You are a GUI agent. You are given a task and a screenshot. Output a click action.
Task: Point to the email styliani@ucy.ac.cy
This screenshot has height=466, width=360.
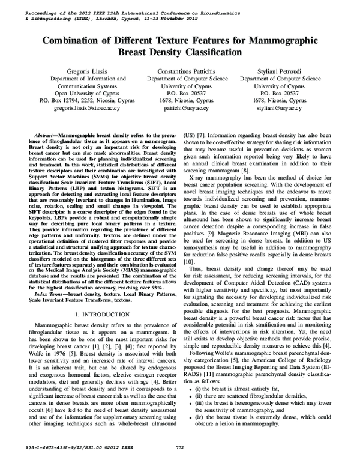[277, 109]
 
